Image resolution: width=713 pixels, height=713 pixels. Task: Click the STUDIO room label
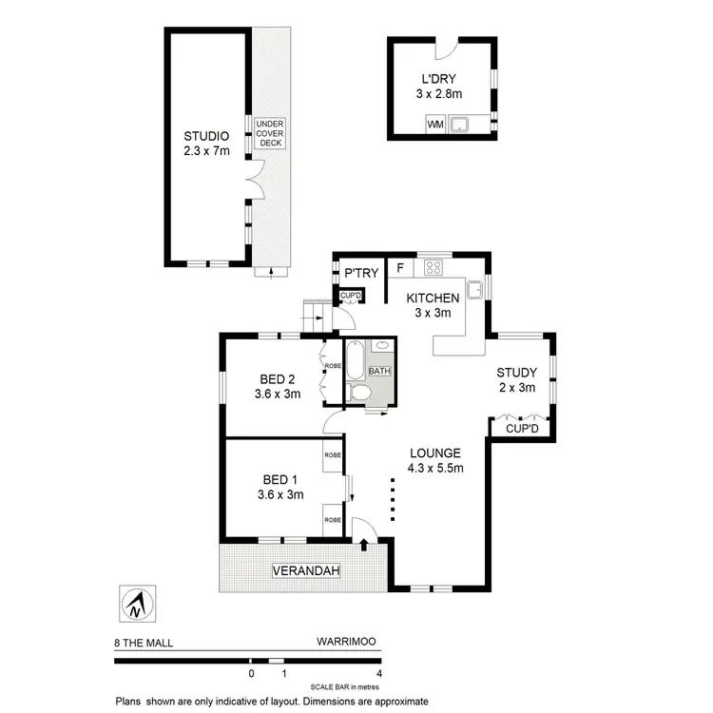pyautogui.click(x=206, y=135)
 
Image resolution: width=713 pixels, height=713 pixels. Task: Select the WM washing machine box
pyautogui.click(x=435, y=124)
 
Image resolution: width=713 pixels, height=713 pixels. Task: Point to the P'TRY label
pyautogui.click(x=361, y=274)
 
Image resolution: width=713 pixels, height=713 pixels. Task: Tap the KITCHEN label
pyautogui.click(x=434, y=298)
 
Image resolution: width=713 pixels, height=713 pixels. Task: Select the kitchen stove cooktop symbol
pyautogui.click(x=434, y=266)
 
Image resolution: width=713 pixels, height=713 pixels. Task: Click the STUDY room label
pyautogui.click(x=518, y=373)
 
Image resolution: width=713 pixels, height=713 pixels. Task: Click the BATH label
pyautogui.click(x=379, y=371)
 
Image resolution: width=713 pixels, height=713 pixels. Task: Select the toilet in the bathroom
pyautogui.click(x=359, y=393)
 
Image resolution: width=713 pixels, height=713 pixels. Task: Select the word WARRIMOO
pyautogui.click(x=347, y=643)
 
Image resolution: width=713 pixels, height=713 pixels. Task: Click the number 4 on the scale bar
pyautogui.click(x=378, y=673)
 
